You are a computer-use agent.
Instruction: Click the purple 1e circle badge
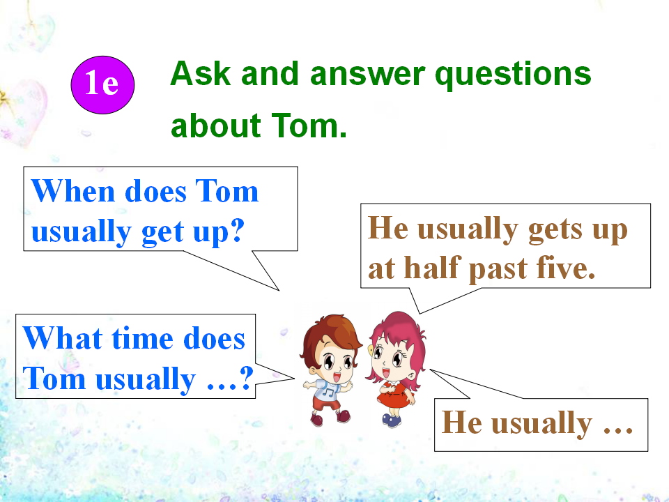pyautogui.click(x=102, y=84)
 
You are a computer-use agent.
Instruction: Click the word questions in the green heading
pyautogui.click(x=513, y=75)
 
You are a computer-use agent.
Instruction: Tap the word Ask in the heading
pyautogui.click(x=201, y=73)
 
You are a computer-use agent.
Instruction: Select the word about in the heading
pyautogui.click(x=216, y=126)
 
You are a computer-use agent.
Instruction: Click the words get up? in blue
pyautogui.click(x=193, y=231)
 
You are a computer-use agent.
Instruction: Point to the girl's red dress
pyautogui.click(x=393, y=395)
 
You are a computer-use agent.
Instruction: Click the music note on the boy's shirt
pyautogui.click(x=328, y=390)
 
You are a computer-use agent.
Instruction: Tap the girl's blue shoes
pyautogui.click(x=392, y=420)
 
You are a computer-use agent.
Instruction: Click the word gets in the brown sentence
pyautogui.click(x=555, y=229)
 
